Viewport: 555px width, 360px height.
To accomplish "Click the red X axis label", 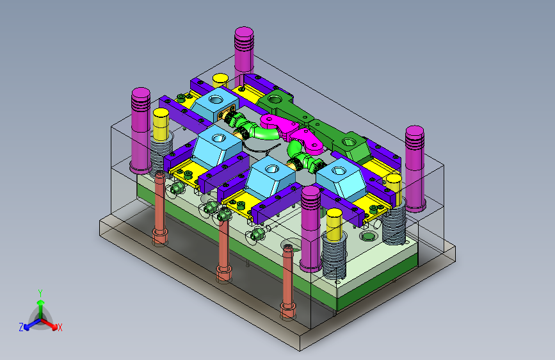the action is [x=60, y=328].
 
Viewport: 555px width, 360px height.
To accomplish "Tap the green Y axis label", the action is [x=40, y=293].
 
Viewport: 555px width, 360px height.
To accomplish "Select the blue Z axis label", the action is [x=21, y=327].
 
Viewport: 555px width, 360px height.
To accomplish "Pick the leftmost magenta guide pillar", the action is [x=141, y=131].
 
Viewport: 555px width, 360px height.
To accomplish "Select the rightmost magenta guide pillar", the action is [x=415, y=168].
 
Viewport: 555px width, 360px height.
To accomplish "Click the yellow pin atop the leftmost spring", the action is [x=161, y=125].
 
